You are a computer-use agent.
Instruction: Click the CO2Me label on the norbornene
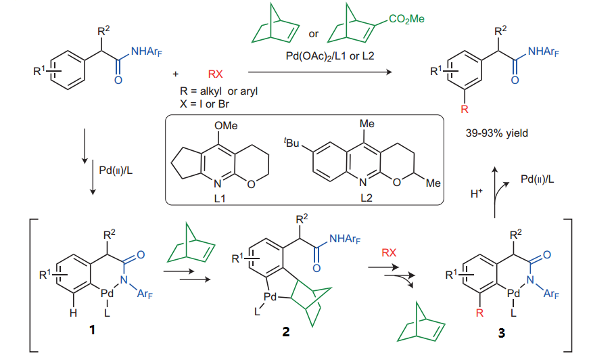(x=406, y=19)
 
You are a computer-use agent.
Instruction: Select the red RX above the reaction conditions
(x=215, y=74)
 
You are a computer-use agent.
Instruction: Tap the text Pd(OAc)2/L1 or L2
(x=330, y=56)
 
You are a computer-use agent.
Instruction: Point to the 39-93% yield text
(x=496, y=133)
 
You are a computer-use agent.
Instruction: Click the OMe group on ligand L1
(x=226, y=125)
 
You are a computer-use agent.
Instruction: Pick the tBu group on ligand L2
(x=291, y=142)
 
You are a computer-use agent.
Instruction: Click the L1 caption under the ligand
(x=220, y=198)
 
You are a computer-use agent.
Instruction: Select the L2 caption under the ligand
(x=367, y=198)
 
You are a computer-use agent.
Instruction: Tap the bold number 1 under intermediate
(x=92, y=330)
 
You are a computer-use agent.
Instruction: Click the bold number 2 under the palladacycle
(x=286, y=332)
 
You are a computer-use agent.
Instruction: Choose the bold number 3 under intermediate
(x=502, y=332)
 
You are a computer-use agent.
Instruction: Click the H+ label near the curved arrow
(x=476, y=193)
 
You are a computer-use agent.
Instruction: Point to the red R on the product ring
(x=465, y=110)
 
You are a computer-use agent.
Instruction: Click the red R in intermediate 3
(x=479, y=313)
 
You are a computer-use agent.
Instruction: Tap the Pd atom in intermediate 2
(x=270, y=297)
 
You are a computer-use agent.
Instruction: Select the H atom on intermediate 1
(x=73, y=313)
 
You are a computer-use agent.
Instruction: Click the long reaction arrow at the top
(x=320, y=72)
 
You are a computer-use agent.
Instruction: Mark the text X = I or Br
(x=204, y=104)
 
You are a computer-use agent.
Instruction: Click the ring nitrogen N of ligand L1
(x=217, y=184)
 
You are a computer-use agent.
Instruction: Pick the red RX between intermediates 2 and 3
(x=389, y=252)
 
